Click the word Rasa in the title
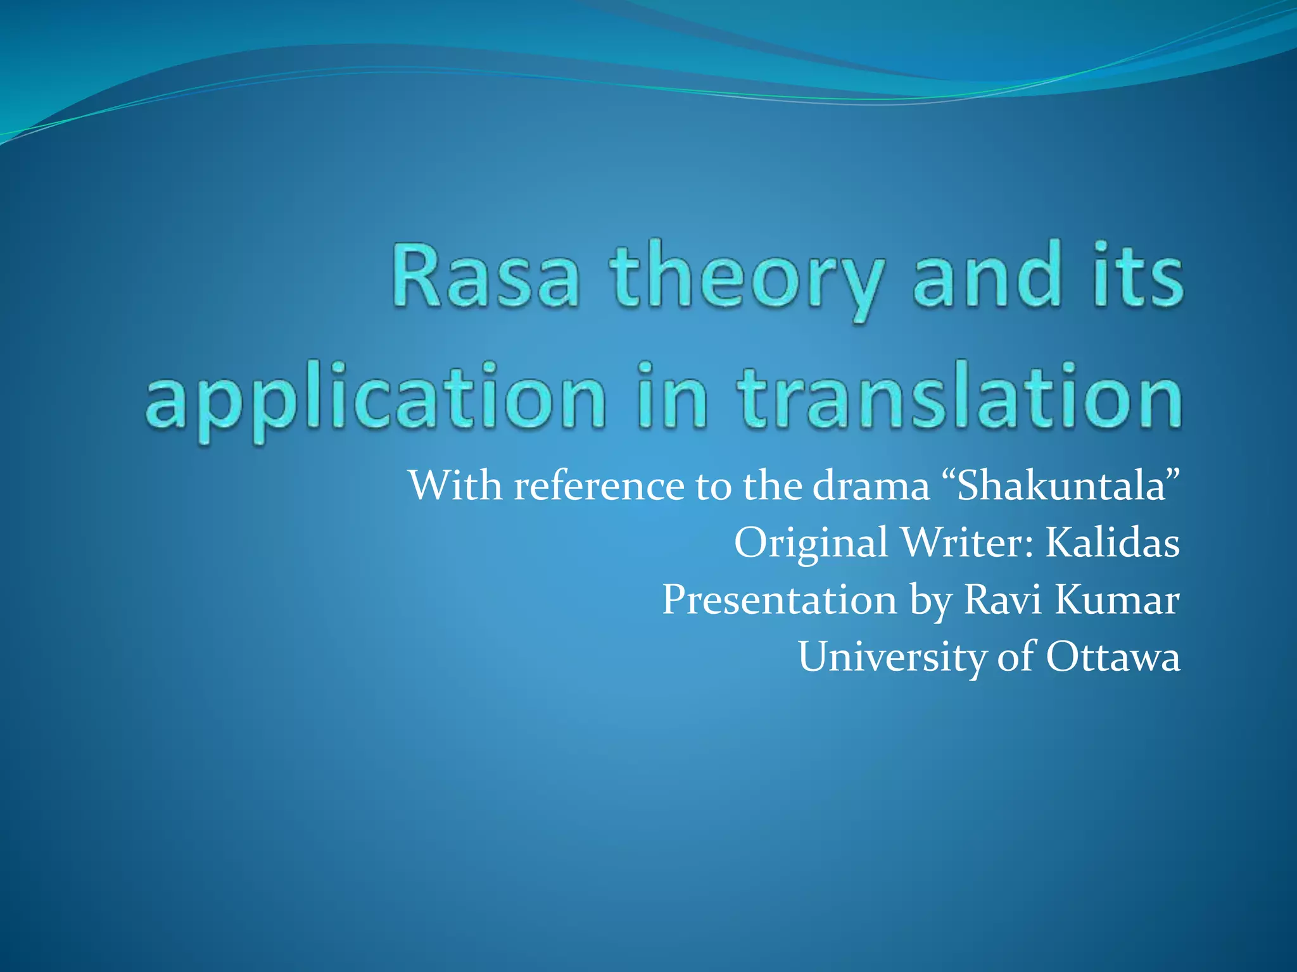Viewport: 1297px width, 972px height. (x=485, y=277)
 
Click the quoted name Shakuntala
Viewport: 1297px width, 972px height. (x=1061, y=485)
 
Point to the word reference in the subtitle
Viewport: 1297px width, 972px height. (x=599, y=485)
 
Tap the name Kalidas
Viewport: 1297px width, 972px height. (x=1112, y=542)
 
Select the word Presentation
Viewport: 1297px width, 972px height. (x=780, y=600)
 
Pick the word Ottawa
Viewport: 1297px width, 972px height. (x=1113, y=657)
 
